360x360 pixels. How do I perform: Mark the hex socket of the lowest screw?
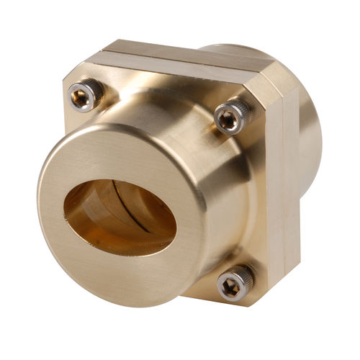click(233, 285)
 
